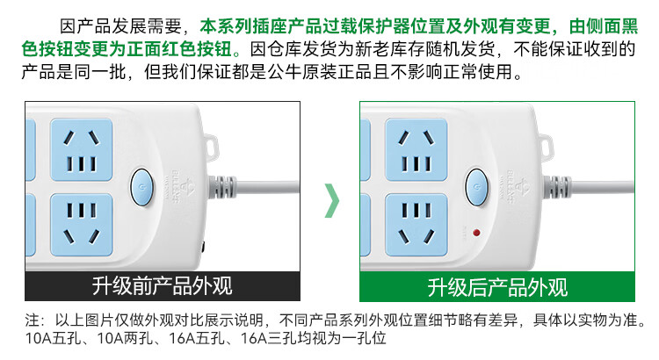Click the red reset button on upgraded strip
476,233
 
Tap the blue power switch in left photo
141,187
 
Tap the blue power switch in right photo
476,187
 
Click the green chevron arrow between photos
331,200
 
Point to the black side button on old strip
203,247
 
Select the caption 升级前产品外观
163,286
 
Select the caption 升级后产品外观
497,287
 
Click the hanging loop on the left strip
212,146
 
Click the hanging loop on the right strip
546,146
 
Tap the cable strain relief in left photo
222,187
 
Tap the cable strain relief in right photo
557,187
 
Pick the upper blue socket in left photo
82,150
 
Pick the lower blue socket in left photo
82,225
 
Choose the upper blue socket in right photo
416,150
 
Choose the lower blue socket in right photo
416,225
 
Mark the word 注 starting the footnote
33,320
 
